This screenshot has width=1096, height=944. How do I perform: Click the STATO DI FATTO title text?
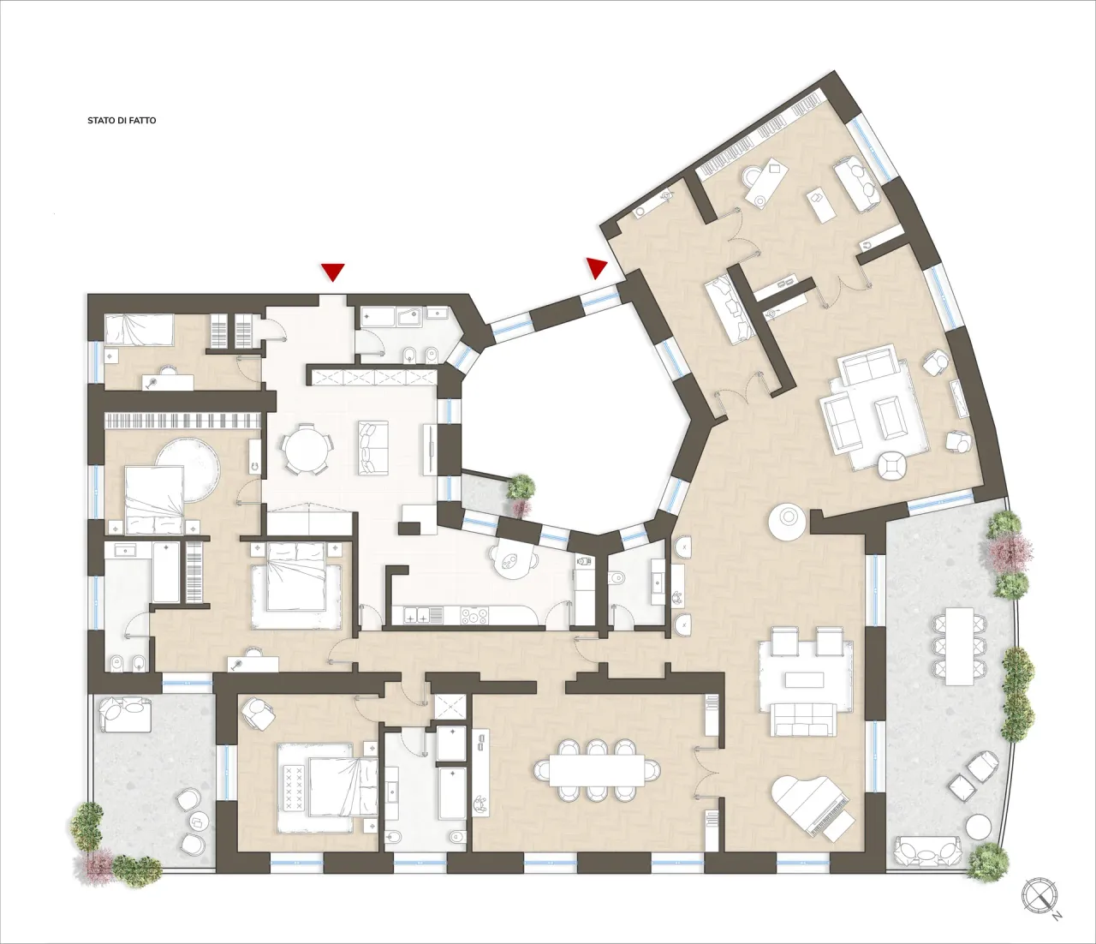tap(122, 121)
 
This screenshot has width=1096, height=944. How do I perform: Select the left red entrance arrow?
tap(332, 272)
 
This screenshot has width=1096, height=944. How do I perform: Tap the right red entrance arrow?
tap(596, 267)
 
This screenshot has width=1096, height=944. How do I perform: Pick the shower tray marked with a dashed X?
tap(450, 707)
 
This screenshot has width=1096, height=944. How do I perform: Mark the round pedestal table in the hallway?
tap(786, 521)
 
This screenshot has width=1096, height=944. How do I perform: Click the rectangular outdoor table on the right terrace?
tap(958, 644)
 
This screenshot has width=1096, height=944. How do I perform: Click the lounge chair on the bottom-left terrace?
tap(125, 714)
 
